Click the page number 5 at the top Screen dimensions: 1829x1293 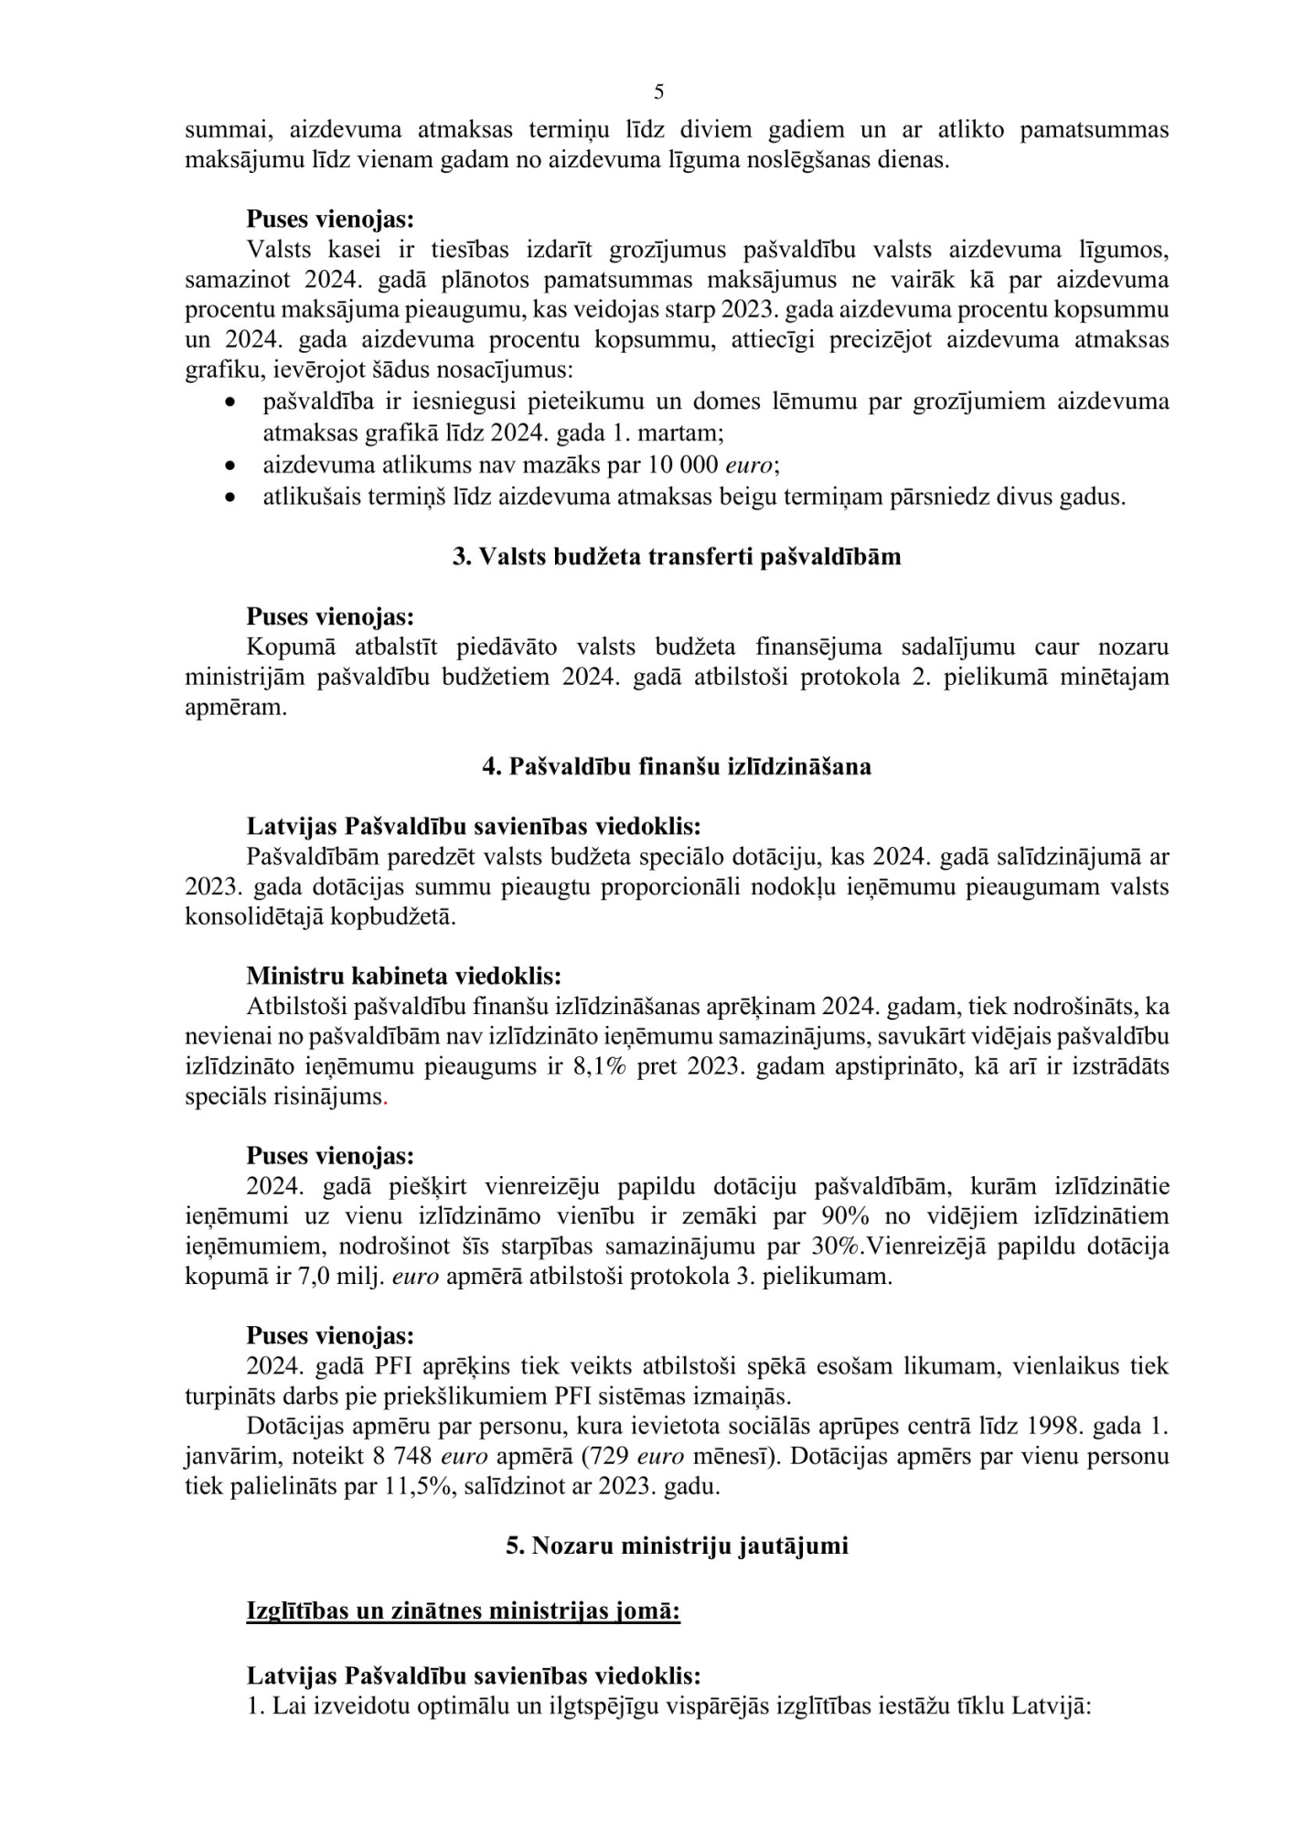coord(659,92)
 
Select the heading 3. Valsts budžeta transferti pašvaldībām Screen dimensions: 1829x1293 coord(677,557)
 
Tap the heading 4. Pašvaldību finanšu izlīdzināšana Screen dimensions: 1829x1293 coord(677,766)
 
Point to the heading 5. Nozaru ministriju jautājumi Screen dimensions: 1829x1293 coord(677,1546)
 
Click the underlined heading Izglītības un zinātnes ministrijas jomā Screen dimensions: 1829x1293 coord(463,1610)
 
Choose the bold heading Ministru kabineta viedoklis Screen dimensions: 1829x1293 coord(403,976)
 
